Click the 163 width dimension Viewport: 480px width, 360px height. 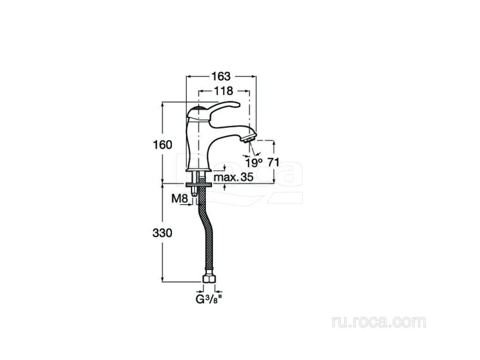pos(221,76)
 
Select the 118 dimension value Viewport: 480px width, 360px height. pos(223,91)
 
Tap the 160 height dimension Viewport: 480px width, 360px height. pos(162,145)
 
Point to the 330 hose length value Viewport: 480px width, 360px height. pos(162,233)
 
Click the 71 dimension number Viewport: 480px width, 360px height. pos(274,162)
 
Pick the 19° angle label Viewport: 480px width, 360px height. pos(254,162)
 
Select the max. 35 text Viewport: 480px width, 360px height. pos(234,177)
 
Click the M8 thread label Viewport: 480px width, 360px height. pos(179,199)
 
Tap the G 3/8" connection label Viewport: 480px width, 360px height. pos(208,299)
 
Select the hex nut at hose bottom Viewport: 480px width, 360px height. pos(209,278)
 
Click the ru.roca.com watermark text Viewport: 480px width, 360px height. pos(379,322)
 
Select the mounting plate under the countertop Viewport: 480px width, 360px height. pos(199,184)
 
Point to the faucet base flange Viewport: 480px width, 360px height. pos(199,169)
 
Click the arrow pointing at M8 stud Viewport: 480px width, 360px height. pos(185,205)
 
